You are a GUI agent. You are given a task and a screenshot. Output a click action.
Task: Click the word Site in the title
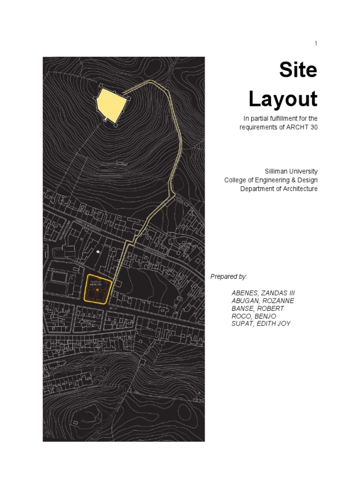tap(298, 70)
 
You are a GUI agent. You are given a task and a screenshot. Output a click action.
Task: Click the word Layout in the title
tap(283, 99)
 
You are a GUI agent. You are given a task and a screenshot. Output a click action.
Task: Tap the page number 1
tap(316, 44)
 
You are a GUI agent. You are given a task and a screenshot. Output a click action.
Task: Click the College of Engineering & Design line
tap(270, 180)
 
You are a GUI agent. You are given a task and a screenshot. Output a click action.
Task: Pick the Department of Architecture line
tap(278, 189)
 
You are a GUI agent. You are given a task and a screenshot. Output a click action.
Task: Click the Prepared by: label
tap(228, 277)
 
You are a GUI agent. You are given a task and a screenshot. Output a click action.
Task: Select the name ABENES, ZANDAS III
tap(263, 293)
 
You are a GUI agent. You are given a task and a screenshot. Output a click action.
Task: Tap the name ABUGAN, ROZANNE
tap(262, 300)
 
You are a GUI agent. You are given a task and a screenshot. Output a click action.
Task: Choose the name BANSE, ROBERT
tap(257, 308)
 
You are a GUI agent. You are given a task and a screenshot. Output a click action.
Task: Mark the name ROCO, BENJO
tap(254, 316)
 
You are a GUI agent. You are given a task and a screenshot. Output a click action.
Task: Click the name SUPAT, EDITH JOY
tap(261, 324)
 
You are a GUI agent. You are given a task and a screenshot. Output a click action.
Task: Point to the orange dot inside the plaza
tap(97, 290)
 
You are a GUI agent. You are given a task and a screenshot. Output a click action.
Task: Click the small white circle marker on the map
tap(98, 252)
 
